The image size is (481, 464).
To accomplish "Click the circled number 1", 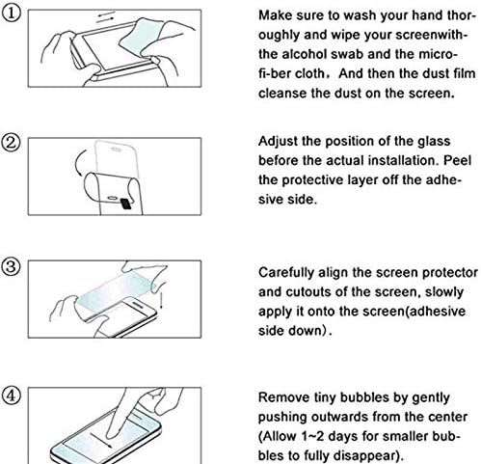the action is pyautogui.click(x=12, y=14).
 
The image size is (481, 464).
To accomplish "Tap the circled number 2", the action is pyautogui.click(x=12, y=142).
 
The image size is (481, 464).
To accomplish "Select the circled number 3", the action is pyautogui.click(x=12, y=267).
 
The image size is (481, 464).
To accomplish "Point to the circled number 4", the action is pyautogui.click(x=12, y=396).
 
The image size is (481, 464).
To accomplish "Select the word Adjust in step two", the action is pyautogui.click(x=279, y=142).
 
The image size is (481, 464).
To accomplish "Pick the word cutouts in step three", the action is pyautogui.click(x=307, y=292).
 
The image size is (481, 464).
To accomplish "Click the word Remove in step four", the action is pyautogui.click(x=281, y=397).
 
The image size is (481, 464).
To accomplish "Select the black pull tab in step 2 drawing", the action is pyautogui.click(x=126, y=204).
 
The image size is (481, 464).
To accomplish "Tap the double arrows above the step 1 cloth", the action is pyautogui.click(x=106, y=17).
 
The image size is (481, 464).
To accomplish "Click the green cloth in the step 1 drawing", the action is pyautogui.click(x=142, y=37).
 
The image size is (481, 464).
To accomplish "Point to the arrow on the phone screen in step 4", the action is pyautogui.click(x=100, y=440).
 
